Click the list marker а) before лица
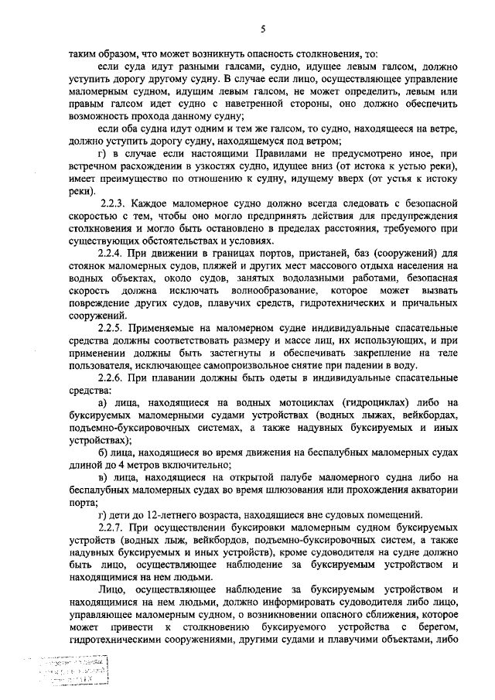click(105, 402)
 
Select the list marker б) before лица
click(105, 452)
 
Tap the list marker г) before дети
click(104, 514)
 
